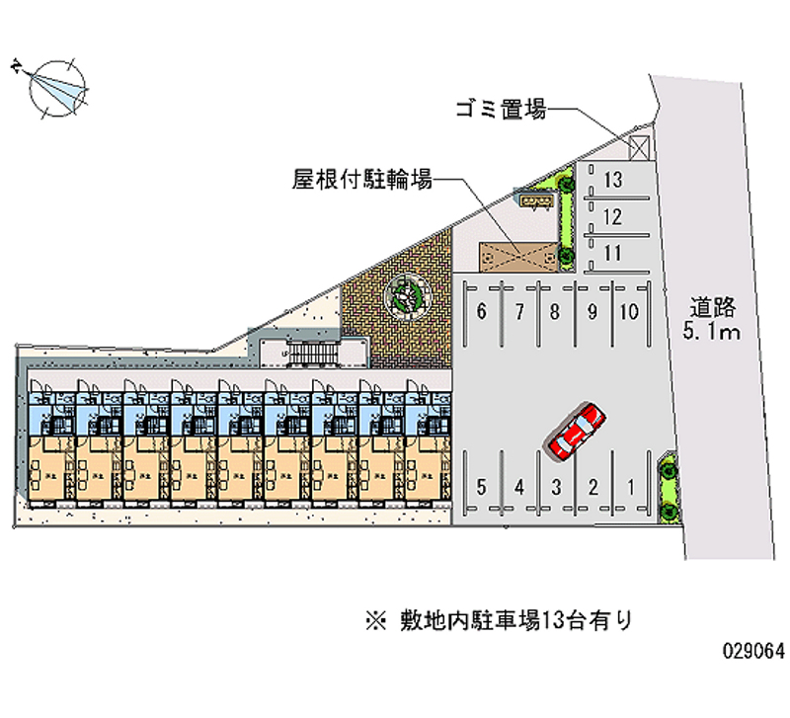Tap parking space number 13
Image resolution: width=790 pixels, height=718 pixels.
(613, 180)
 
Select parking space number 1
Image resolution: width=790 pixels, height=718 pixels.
(630, 486)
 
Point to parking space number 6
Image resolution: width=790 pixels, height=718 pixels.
(481, 313)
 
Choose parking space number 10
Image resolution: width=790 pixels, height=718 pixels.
(628, 313)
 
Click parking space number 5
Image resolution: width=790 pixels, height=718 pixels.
(481, 486)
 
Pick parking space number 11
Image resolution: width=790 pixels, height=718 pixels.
(613, 253)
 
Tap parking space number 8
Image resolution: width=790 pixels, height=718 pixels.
(555, 313)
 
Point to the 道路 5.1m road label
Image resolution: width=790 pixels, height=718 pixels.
(711, 318)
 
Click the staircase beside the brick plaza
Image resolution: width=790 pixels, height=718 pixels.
(312, 353)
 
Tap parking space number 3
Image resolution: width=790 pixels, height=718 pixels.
(557, 486)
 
